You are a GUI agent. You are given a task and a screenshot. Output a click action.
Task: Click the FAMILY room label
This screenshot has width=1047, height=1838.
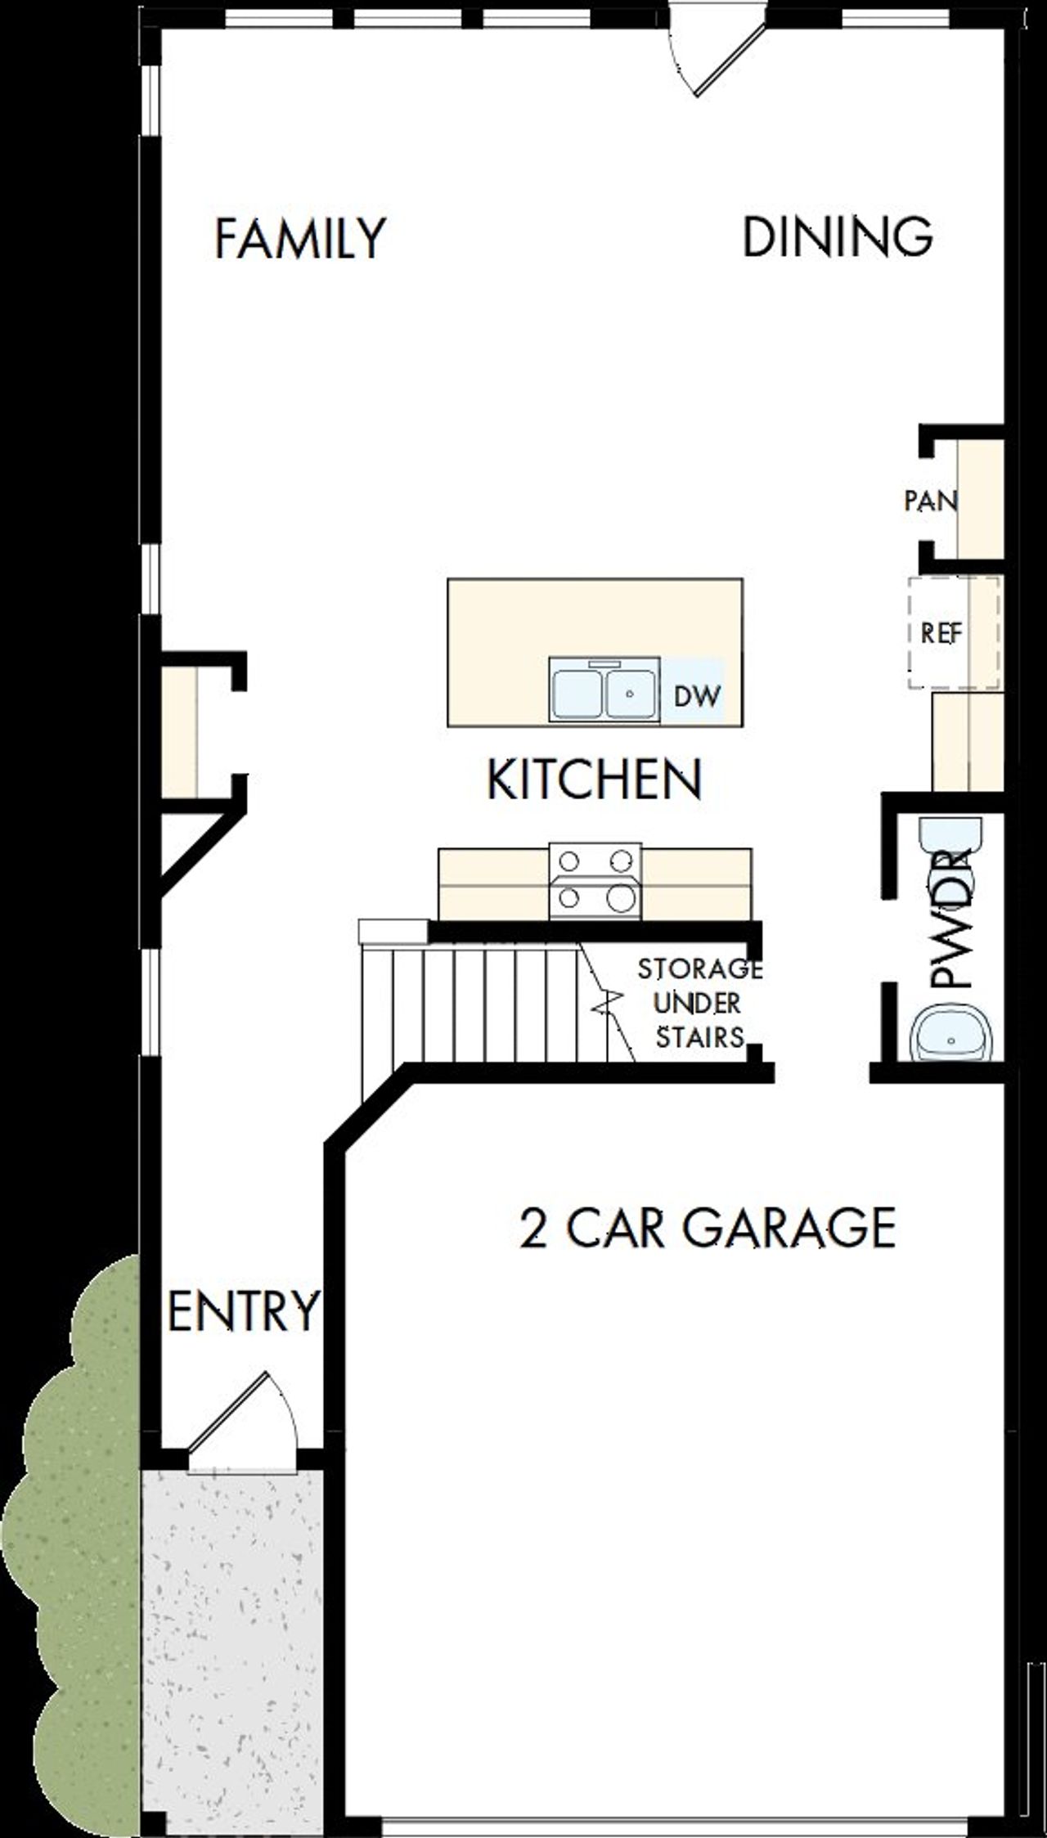point(299,238)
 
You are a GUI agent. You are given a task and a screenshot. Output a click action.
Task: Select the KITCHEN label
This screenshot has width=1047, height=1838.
point(594,779)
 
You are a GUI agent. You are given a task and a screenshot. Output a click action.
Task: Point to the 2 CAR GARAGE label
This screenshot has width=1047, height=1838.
point(708,1227)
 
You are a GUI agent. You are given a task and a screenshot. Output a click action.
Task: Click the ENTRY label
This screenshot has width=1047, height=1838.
point(242,1310)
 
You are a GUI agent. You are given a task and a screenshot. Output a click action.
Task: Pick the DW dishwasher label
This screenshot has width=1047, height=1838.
point(697,696)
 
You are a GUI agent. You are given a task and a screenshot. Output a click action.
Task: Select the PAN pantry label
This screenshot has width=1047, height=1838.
point(930,501)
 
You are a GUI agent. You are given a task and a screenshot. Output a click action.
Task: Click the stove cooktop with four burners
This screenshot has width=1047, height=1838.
point(595,880)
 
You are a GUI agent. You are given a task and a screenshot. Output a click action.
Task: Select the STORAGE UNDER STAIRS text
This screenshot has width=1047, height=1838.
point(699,1003)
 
